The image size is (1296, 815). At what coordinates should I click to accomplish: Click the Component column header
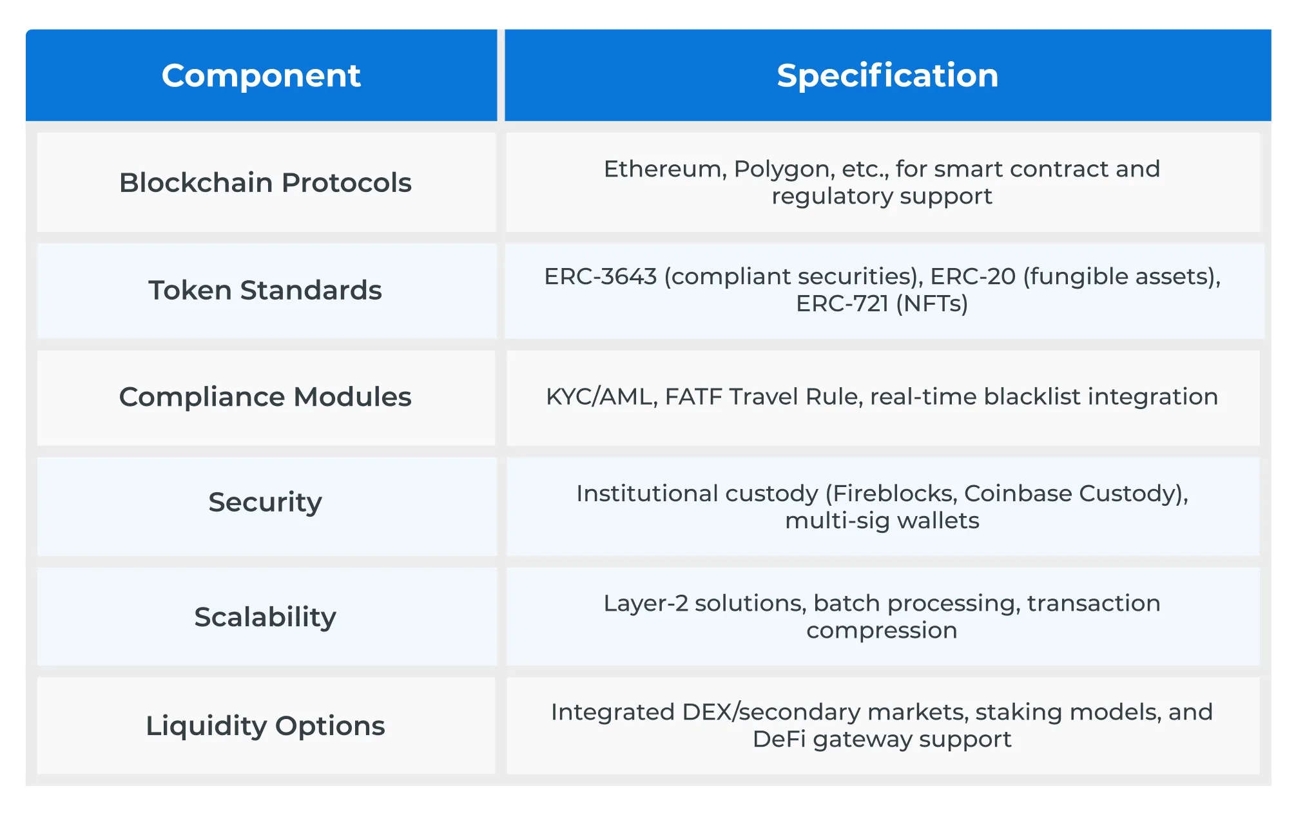point(261,75)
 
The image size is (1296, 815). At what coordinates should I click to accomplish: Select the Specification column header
point(887,75)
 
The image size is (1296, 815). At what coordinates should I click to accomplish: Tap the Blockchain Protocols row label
point(265,182)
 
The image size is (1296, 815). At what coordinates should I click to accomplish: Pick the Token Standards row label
point(265,290)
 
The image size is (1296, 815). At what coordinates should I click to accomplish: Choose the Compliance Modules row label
point(265,397)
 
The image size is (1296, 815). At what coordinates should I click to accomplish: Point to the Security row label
point(265,502)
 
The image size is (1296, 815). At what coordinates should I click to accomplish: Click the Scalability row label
point(265,617)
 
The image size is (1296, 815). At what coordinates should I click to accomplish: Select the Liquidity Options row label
point(265,725)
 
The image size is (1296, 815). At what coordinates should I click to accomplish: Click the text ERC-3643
point(600,276)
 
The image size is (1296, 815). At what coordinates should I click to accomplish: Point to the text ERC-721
point(842,303)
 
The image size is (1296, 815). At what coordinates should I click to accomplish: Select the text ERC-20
point(972,276)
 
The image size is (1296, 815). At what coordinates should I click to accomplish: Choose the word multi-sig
point(837,521)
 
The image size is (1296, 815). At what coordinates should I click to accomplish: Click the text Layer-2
point(645,604)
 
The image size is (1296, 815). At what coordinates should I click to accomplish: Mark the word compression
point(882,631)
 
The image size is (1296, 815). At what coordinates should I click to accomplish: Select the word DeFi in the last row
point(779,739)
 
